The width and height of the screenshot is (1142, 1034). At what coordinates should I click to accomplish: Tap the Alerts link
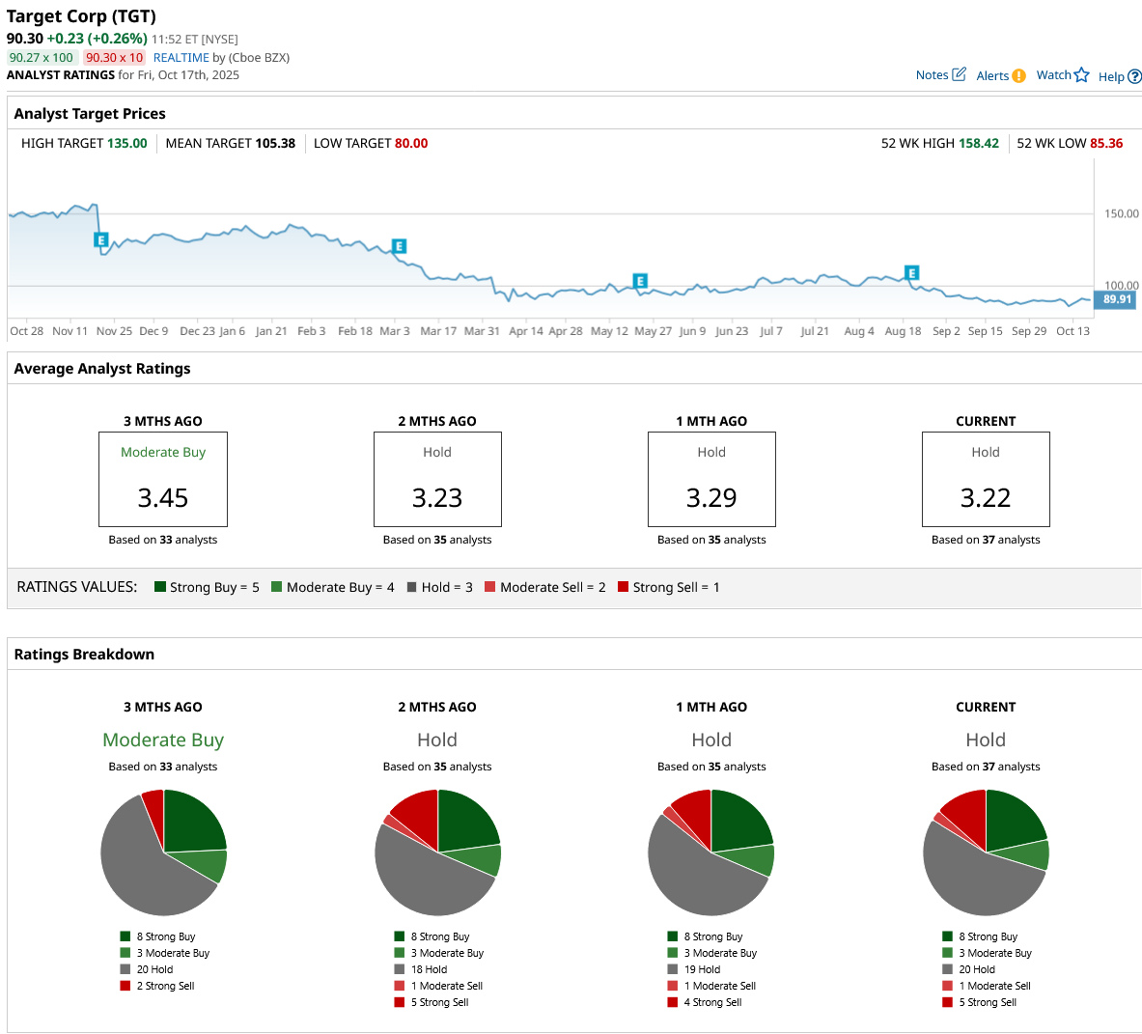pyautogui.click(x=1000, y=76)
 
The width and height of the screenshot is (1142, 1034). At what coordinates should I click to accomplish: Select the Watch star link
pyautogui.click(x=1062, y=75)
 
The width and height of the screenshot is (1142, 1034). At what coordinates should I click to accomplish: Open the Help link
pyautogui.click(x=1119, y=76)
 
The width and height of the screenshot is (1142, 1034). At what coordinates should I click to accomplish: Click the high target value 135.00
pyautogui.click(x=126, y=143)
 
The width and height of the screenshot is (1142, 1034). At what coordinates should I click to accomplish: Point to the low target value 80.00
pyautogui.click(x=411, y=143)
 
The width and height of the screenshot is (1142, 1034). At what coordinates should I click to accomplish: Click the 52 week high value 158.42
pyautogui.click(x=979, y=143)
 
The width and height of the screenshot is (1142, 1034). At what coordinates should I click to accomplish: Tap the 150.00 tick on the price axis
pyautogui.click(x=1121, y=213)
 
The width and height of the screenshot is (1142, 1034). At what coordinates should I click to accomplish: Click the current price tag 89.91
pyautogui.click(x=1116, y=299)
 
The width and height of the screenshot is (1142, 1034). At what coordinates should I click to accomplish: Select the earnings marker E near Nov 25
pyautogui.click(x=100, y=239)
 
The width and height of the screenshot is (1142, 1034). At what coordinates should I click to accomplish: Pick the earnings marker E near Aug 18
pyautogui.click(x=911, y=273)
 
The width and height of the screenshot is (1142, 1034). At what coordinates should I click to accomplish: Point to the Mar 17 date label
pyautogui.click(x=438, y=331)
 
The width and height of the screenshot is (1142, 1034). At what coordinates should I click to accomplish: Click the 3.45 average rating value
pyautogui.click(x=163, y=497)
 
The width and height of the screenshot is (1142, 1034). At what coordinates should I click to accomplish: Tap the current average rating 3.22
pyautogui.click(x=986, y=497)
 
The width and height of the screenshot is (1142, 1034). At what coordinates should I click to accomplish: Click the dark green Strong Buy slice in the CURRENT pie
pyautogui.click(x=1013, y=819)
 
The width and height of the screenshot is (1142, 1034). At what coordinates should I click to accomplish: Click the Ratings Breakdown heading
pyautogui.click(x=84, y=654)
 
